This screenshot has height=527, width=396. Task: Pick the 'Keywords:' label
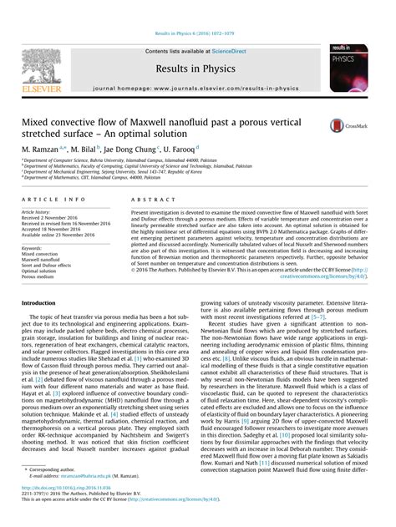[x=33, y=248]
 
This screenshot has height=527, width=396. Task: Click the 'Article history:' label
[x=38, y=213]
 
